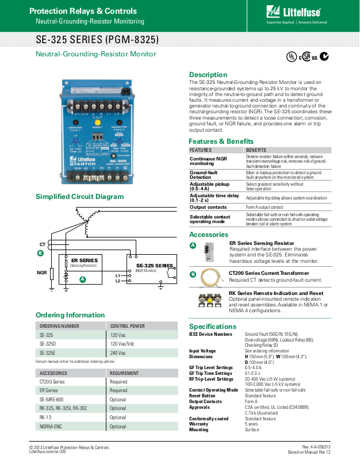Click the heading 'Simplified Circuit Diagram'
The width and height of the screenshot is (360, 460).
79,197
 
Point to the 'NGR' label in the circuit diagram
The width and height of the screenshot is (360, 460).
41,273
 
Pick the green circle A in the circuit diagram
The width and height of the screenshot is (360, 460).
82,279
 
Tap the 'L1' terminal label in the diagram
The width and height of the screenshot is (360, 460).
118,275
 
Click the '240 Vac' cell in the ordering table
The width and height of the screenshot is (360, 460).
118,352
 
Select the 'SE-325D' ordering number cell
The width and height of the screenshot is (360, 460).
48,344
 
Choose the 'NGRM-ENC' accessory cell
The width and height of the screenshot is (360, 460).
50,427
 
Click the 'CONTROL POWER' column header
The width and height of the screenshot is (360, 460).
128,325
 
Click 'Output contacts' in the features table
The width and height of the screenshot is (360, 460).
208,207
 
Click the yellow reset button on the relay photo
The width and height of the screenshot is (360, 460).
98,122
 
